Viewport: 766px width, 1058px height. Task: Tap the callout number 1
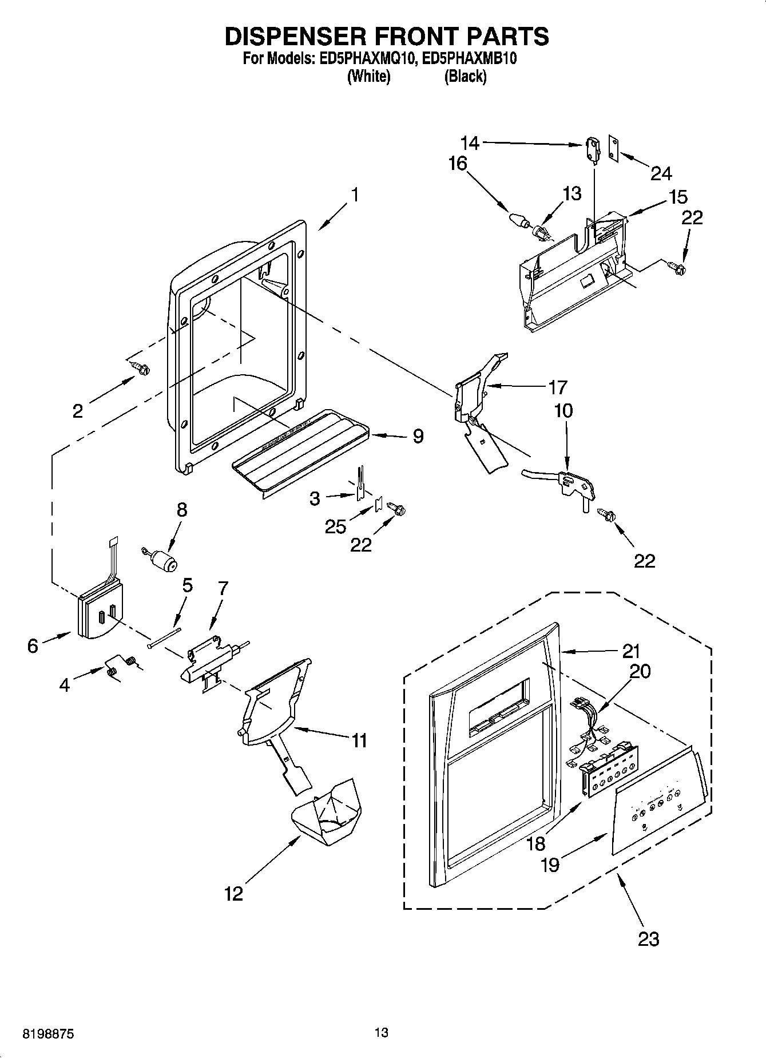(355, 195)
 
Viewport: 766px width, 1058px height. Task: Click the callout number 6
(33, 645)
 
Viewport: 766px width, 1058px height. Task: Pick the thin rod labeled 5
(164, 637)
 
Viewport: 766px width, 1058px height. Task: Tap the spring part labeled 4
(121, 666)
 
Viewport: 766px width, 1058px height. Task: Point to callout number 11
(359, 740)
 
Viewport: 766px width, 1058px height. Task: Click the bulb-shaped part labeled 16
(517, 219)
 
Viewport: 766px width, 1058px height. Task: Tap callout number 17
(557, 387)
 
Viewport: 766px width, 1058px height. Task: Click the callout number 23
(648, 939)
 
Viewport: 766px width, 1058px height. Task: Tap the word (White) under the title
(369, 77)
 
